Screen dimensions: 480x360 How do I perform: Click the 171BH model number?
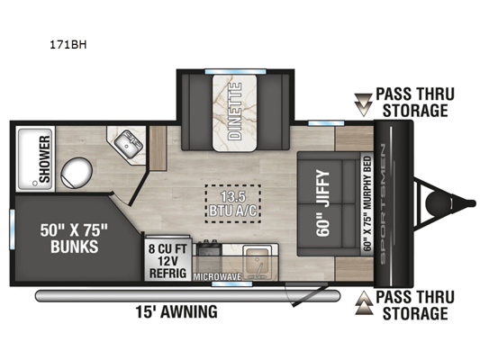pos(68,45)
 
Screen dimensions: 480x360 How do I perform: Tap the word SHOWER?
pos(45,159)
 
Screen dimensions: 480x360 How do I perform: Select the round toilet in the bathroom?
pos(77,172)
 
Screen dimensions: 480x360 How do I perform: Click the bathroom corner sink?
pos(129,144)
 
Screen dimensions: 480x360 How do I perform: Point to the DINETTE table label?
pos(235,112)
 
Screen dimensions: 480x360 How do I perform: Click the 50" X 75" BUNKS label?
pos(74,238)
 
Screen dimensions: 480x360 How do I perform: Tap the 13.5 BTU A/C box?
pos(233,203)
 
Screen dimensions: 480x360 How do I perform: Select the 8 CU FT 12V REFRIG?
pos(168,261)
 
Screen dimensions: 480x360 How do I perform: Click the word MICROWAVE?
pos(217,277)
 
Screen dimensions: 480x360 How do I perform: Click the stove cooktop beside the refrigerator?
pos(209,248)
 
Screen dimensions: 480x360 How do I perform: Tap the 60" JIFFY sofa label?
pos(323,202)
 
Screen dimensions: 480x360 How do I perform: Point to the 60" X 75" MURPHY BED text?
pos(367,203)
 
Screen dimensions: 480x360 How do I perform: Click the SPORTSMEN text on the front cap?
pos(384,204)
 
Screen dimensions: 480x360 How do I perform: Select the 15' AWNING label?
pos(177,311)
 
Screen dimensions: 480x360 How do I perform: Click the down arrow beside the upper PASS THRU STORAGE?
pos(363,105)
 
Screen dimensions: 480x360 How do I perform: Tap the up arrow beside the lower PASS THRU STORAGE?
pos(365,302)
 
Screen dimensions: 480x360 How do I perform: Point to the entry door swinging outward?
pos(309,295)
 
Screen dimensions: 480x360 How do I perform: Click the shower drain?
pos(35,183)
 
